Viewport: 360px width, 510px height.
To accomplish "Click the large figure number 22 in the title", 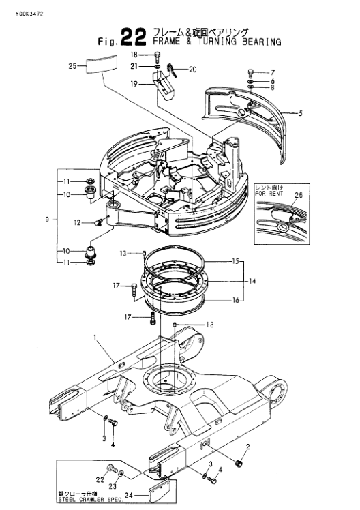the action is click(133, 37).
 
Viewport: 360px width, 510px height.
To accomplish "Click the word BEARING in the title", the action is click(261, 42).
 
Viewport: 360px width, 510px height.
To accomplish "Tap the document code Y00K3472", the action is click(29, 14).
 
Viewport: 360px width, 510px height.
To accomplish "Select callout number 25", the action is click(72, 66).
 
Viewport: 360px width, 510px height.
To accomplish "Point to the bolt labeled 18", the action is click(157, 57).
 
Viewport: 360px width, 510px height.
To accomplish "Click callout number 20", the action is click(193, 70).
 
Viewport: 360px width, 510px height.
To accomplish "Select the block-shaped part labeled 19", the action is click(164, 85).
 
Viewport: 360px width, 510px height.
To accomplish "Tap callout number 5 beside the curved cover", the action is click(301, 113).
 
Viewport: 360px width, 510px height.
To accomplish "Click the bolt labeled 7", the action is click(250, 72).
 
